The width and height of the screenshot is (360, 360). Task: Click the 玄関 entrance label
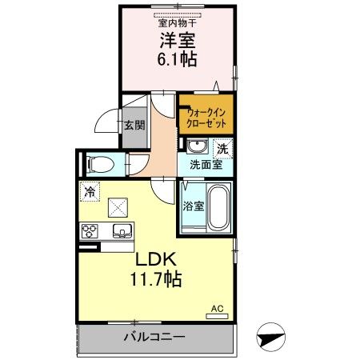[x=134, y=125]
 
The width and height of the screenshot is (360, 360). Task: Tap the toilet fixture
[x=102, y=164]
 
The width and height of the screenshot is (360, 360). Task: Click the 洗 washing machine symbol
[x=223, y=147]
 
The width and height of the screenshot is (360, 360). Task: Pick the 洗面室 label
[x=206, y=166]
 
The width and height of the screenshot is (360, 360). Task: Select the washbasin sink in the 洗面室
[x=196, y=146]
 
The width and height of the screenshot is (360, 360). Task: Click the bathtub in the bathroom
[x=218, y=206]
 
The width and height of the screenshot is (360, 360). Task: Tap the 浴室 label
[x=193, y=206]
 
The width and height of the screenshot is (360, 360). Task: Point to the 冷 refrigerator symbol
[x=90, y=193]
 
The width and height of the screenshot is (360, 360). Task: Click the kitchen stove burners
[x=89, y=232]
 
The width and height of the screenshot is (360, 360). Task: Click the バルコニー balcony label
[x=154, y=337]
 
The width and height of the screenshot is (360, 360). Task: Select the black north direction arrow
[x=273, y=336]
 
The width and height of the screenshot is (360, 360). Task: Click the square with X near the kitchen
[x=118, y=206]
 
